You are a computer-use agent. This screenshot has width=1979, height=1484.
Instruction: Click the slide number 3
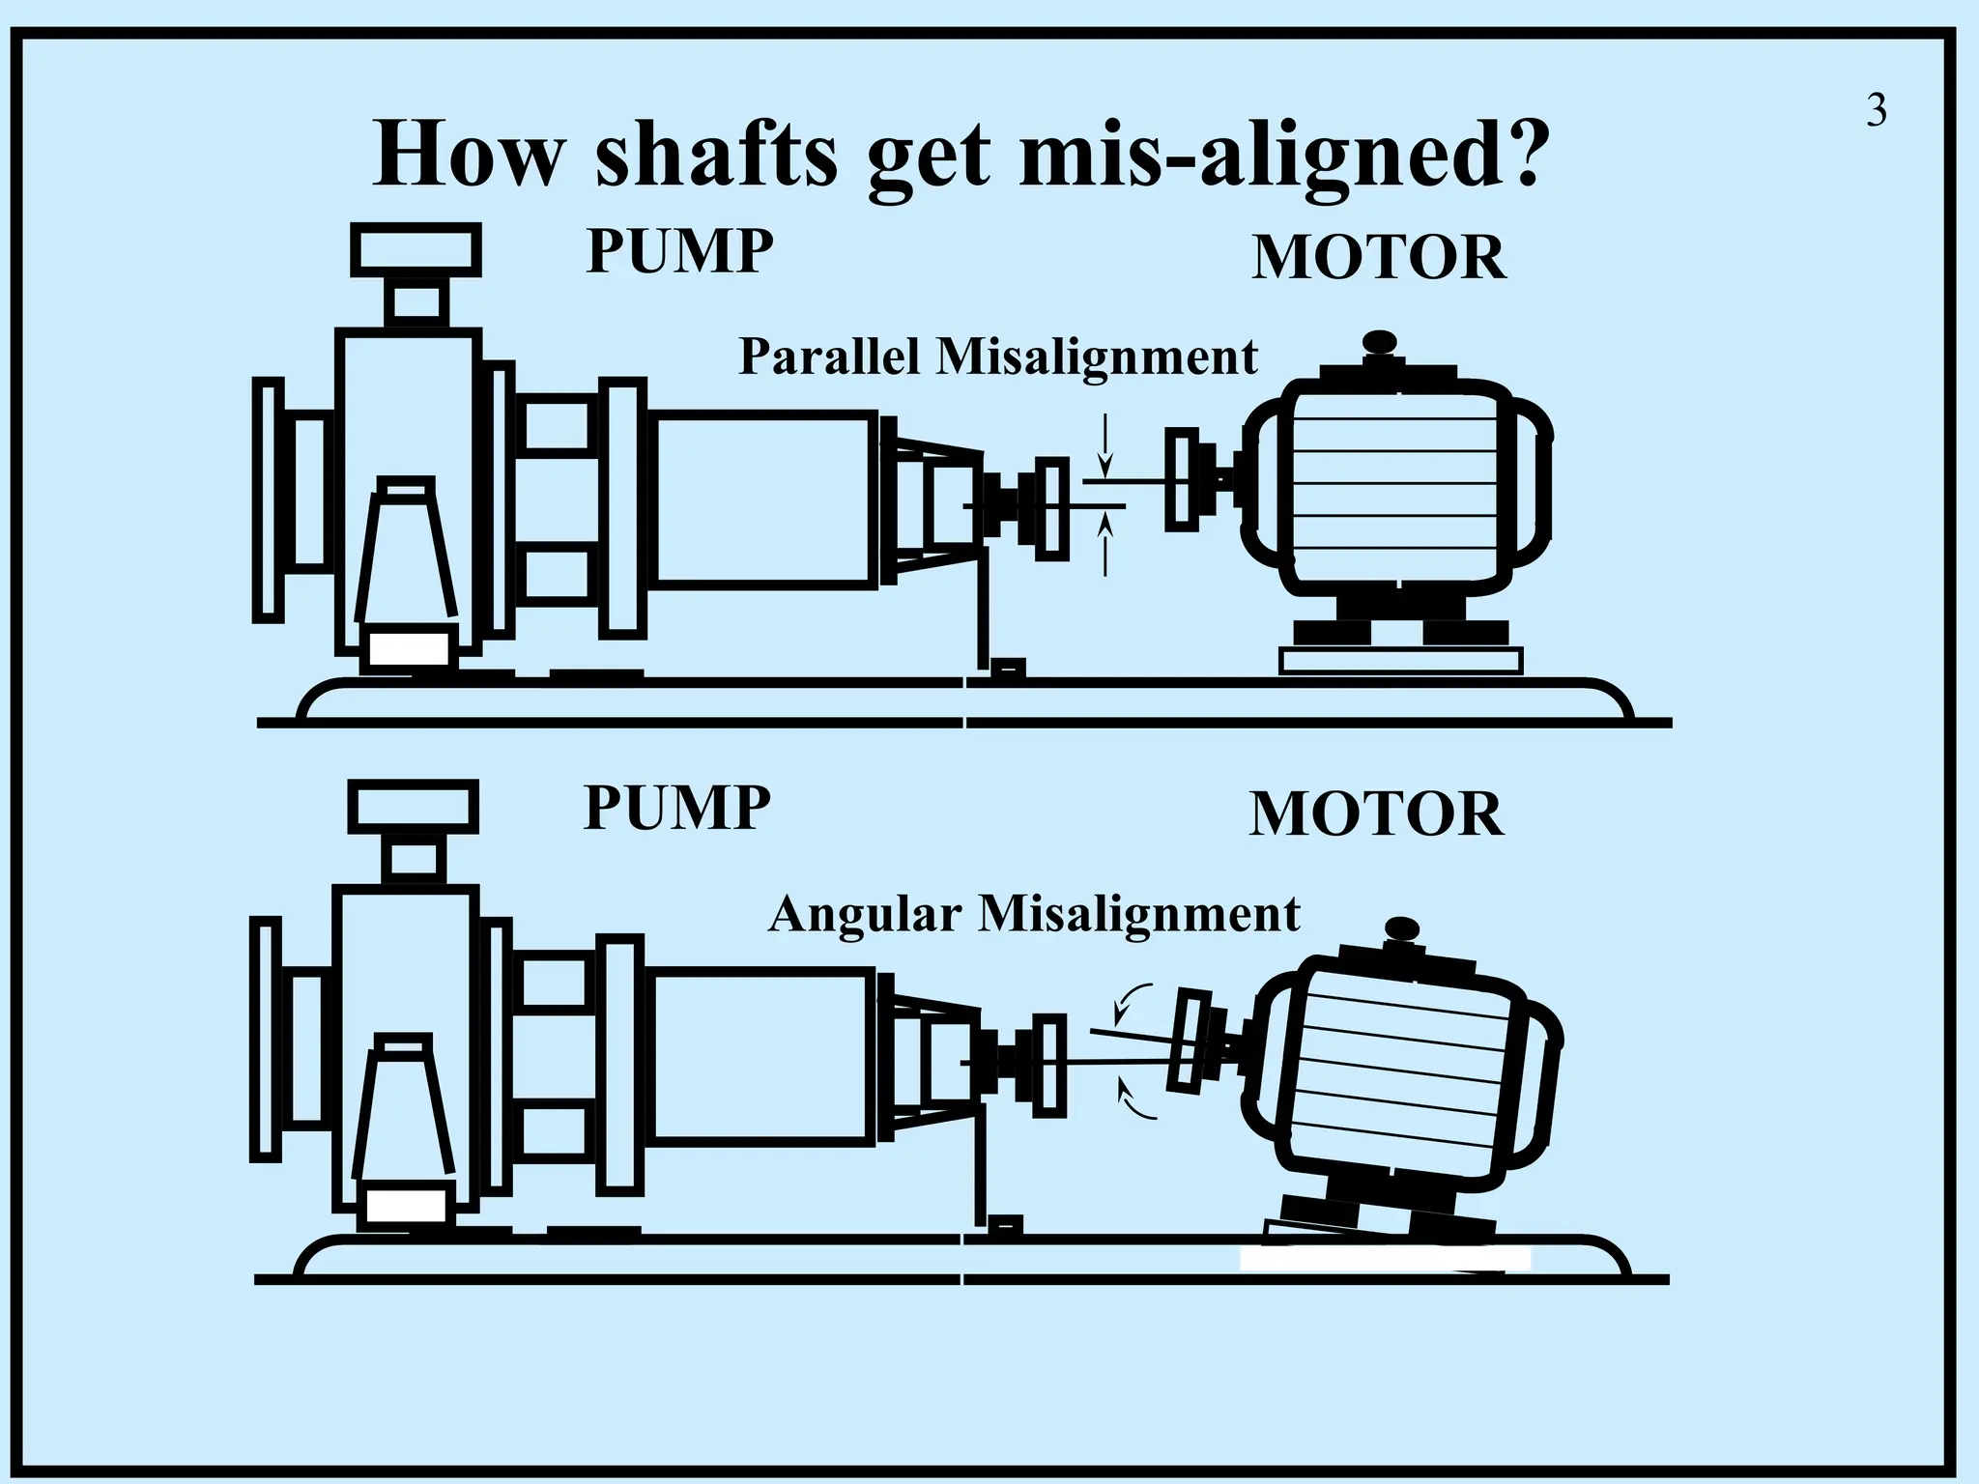[1876, 111]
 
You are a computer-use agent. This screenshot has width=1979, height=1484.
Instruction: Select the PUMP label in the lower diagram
[677, 807]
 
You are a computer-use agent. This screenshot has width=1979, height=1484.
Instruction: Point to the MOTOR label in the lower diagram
[1377, 813]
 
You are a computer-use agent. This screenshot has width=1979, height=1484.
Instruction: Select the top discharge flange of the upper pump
[416, 249]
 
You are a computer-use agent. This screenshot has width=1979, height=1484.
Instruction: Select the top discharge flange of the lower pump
[413, 807]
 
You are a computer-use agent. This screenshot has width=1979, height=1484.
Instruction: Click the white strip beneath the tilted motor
[1385, 1259]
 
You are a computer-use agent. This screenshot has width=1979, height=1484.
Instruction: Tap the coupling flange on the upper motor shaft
[1181, 479]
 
